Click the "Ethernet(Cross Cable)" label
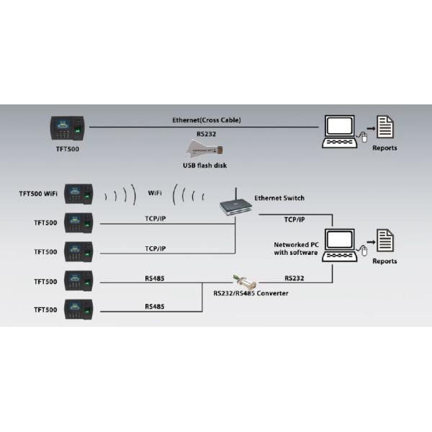click(x=207, y=120)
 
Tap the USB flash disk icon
click(x=205, y=150)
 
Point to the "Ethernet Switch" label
click(x=279, y=197)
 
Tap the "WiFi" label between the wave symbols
click(x=155, y=193)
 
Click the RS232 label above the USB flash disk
click(x=207, y=132)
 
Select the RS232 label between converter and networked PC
click(x=294, y=277)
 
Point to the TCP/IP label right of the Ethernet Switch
click(x=294, y=219)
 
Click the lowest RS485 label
click(x=155, y=306)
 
